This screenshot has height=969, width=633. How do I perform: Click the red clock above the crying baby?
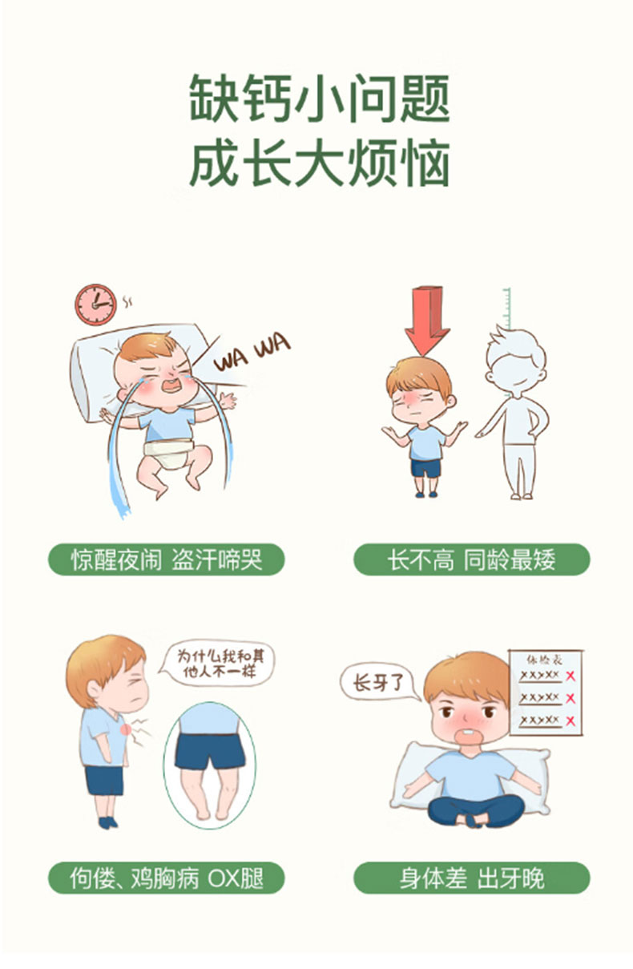coord(95,304)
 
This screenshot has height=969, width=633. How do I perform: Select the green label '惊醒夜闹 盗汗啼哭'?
coord(167,559)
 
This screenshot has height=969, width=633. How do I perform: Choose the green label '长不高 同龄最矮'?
coord(471,559)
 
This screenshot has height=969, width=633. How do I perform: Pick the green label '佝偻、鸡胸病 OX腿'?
coord(167,878)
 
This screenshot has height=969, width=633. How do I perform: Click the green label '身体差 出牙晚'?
coord(471,878)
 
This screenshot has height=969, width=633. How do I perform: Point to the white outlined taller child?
coord(515,413)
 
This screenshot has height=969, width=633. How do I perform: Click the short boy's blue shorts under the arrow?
coord(425,467)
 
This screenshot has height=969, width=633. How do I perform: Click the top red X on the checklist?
coord(570,676)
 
